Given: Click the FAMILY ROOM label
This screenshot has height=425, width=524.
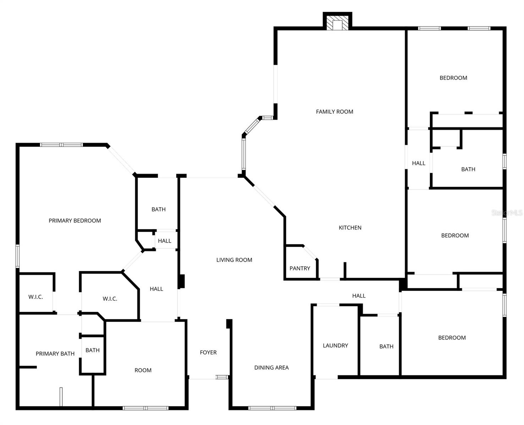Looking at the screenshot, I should [334, 112].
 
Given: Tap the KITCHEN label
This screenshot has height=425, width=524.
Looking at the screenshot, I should [350, 228].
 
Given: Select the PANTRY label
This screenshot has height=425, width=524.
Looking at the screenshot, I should [299, 268].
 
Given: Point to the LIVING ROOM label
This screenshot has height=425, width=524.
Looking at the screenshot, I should [234, 260].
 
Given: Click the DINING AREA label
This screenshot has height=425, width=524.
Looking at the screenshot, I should [271, 368].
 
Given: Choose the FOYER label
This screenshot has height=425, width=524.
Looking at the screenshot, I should [208, 352].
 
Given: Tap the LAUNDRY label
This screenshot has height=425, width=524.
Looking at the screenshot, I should [335, 345].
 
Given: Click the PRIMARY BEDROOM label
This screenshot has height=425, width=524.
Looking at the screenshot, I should [75, 221].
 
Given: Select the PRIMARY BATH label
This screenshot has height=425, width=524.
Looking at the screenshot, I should [55, 353].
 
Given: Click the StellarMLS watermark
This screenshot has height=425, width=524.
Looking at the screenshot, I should [507, 212].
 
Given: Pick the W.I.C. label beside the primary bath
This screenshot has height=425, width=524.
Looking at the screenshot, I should [35, 297].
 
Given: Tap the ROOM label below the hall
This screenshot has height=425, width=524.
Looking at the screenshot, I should [143, 370].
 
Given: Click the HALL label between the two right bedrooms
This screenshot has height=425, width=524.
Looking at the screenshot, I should [419, 163].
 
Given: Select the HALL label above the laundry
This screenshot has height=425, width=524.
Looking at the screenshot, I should [359, 296].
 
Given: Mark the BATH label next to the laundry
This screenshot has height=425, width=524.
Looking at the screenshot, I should [386, 346].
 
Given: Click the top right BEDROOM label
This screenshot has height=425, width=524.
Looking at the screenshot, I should [453, 78].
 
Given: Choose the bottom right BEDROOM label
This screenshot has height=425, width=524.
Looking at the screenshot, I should [452, 338].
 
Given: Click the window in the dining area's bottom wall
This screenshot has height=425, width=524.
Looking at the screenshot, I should [272, 408].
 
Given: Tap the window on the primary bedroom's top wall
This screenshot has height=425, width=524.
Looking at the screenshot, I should [61, 144].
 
